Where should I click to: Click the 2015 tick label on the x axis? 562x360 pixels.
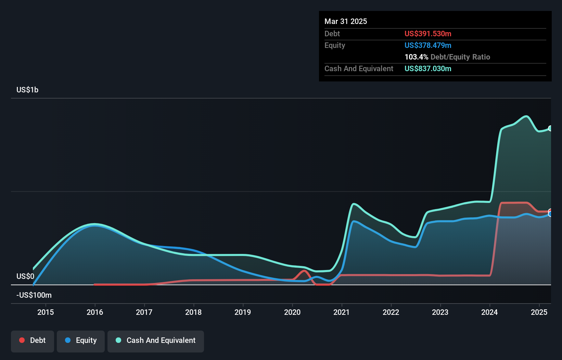tap(46, 312)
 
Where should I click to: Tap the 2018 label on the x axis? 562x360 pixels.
tap(193, 312)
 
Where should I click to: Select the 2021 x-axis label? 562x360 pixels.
tap(342, 312)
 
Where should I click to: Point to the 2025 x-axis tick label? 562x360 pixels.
tap(539, 312)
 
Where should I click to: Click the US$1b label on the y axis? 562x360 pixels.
tap(27, 90)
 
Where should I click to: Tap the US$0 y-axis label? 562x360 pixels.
tap(25, 276)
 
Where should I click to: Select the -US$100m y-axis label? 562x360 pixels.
tap(34, 295)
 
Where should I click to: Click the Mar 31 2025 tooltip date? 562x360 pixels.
tap(346, 21)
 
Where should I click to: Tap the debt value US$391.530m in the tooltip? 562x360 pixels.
tap(428, 34)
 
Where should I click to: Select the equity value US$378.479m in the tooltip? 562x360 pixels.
tap(428, 45)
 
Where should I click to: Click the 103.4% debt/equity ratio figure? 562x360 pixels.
tap(416, 57)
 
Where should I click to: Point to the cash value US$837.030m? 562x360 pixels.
tap(428, 68)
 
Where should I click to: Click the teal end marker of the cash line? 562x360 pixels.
tap(550, 128)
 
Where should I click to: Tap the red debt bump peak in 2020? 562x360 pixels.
tap(304, 271)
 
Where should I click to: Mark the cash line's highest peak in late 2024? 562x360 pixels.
tap(526, 116)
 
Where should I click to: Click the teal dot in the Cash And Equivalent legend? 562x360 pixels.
tap(118, 340)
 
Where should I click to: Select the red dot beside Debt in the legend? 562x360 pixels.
tap(22, 340)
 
